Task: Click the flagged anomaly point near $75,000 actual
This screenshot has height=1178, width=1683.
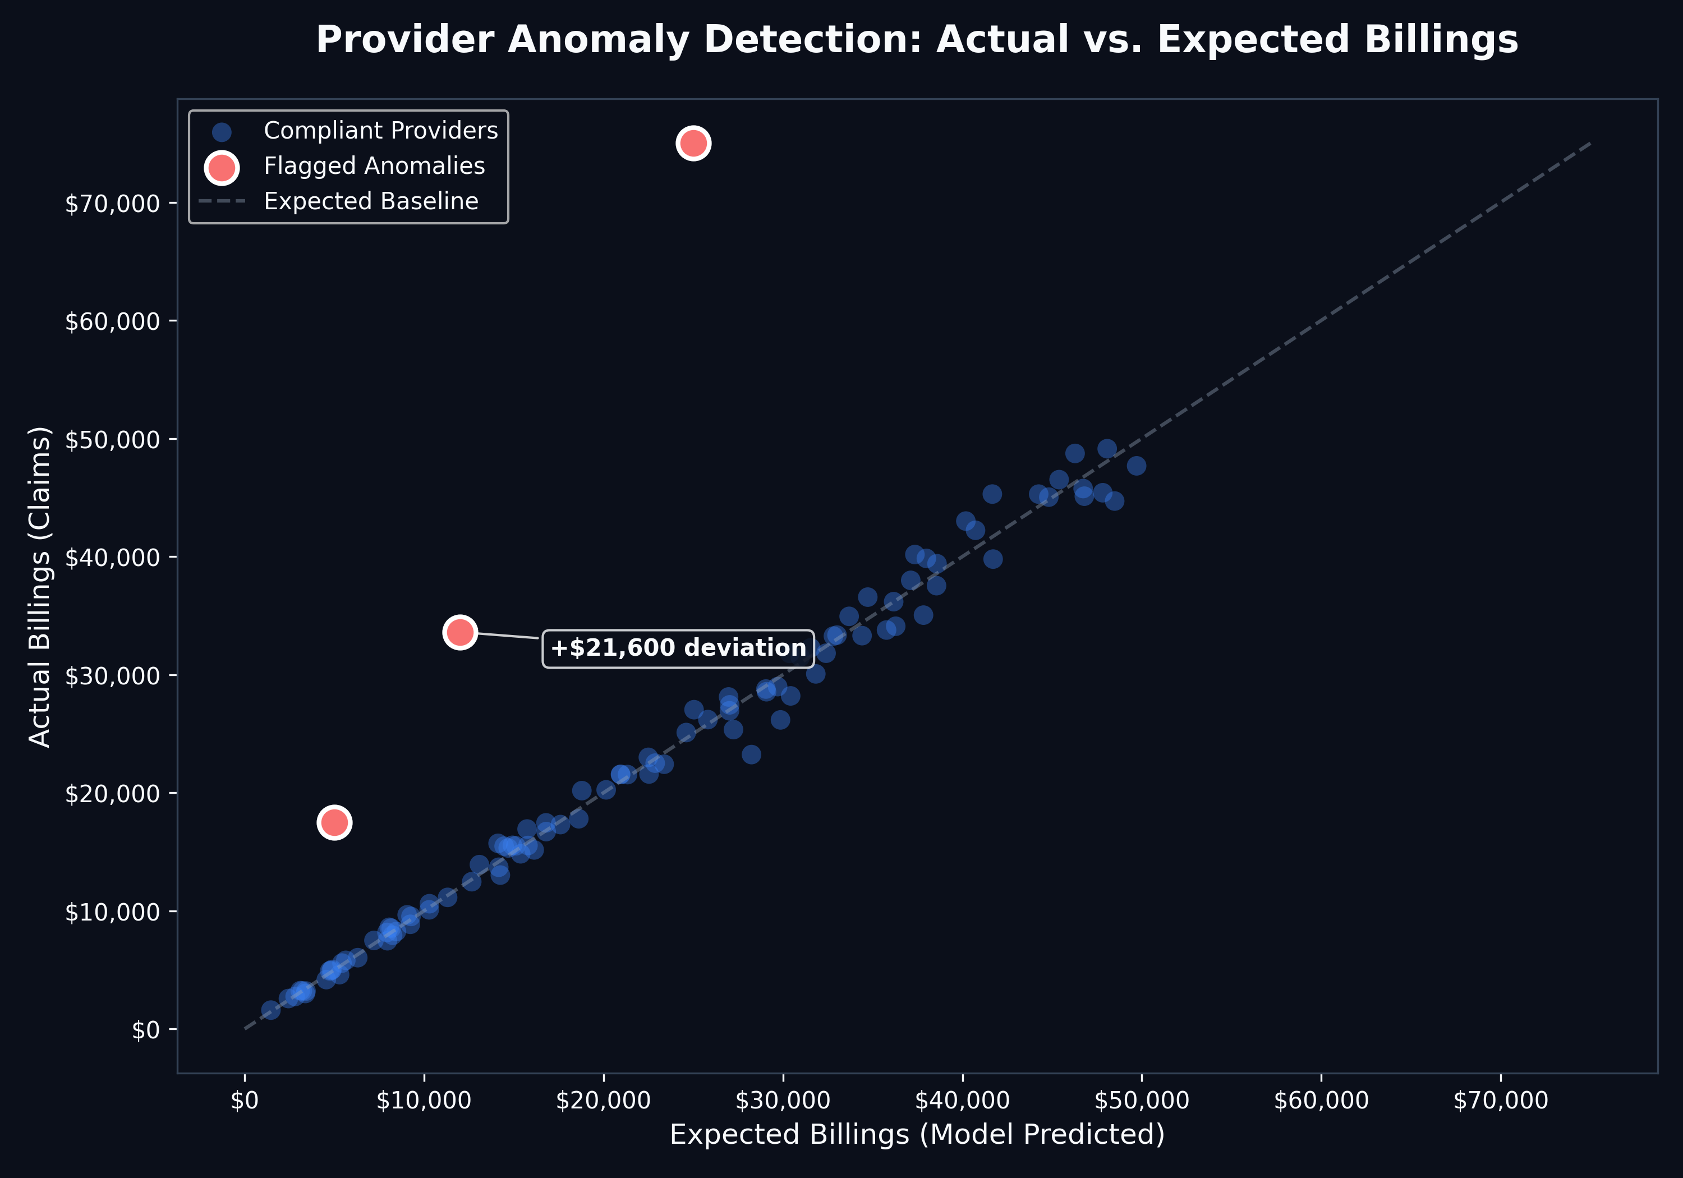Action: coord(693,143)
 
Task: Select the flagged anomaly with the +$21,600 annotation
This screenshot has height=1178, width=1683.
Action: coord(459,631)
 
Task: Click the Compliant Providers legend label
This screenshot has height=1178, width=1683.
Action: coord(380,131)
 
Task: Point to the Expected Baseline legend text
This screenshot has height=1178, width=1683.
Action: coord(371,201)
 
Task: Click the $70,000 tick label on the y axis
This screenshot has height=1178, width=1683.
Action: coord(112,203)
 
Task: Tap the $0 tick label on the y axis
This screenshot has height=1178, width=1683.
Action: coord(145,1030)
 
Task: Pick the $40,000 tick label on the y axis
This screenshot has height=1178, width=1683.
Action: coord(112,557)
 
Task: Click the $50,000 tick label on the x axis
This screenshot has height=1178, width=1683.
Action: coord(1141,1100)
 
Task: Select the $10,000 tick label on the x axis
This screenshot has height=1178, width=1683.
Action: coord(424,1100)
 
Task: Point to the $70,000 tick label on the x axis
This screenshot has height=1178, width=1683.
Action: coord(1501,1100)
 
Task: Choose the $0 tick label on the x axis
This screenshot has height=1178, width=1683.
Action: coord(245,1100)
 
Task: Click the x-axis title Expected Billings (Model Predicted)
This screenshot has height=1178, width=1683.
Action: coord(917,1134)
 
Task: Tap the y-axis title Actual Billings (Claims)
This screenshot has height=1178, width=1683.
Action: coord(40,586)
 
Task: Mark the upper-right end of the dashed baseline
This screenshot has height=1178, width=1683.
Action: coord(1590,144)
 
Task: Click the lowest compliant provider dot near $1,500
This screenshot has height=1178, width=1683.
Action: coord(270,1010)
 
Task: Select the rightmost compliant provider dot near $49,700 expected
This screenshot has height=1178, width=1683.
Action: coord(1136,466)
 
